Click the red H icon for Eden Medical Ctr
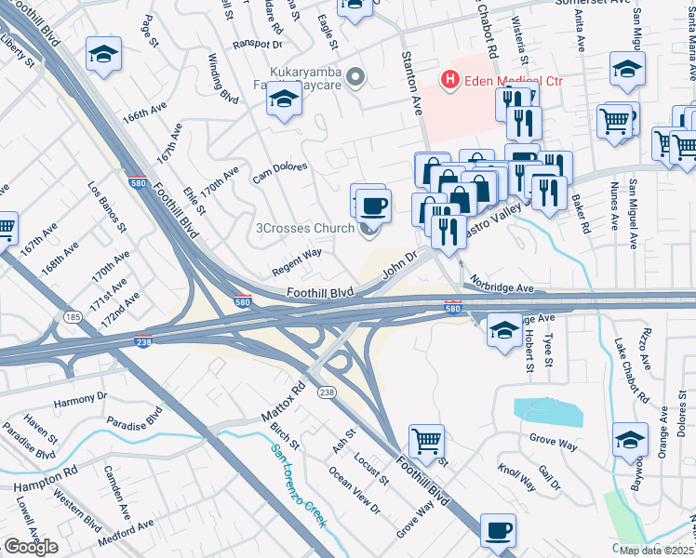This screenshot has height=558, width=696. tap(451, 81)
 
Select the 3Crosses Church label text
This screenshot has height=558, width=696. tap(304, 228)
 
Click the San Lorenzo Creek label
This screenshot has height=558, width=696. tap(298, 485)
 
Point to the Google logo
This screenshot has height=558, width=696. tap(30, 547)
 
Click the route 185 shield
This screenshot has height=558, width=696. tap(71, 318)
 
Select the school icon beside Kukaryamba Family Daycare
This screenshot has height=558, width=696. tap(284, 100)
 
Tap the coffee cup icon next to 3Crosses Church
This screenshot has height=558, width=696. tap(373, 206)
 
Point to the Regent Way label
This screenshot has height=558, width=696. tap(296, 260)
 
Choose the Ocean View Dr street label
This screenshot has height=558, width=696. tap(354, 490)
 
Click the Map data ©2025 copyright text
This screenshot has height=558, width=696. tap(657, 551)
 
